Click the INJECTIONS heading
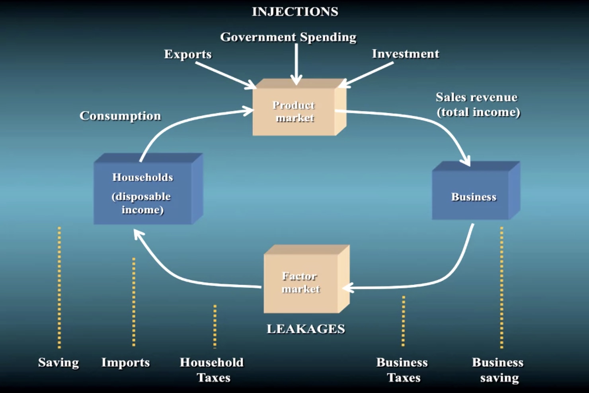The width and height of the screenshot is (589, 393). coord(295,12)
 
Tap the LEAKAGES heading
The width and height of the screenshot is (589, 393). coord(306,329)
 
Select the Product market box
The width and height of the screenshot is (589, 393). coord(299,107)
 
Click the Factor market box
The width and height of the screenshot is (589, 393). coord(306,279)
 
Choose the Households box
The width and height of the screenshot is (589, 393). coord(148,189)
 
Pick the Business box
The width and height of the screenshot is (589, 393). coord(476,191)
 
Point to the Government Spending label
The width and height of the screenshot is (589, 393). coord(288,37)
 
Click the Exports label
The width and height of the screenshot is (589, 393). coord(188,54)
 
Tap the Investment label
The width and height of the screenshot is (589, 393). coord(406,54)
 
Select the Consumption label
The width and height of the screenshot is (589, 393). coord(120,116)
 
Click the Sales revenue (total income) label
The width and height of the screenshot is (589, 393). coord(478,105)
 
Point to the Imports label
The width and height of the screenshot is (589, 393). coord(125,362)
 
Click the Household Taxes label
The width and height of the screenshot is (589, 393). coord(212,370)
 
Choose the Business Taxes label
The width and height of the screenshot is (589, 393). coord(402,370)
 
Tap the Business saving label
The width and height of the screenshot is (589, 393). coord(498,370)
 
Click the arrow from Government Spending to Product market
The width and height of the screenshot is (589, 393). coord(296,64)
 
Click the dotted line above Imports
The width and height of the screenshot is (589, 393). coord(134,302)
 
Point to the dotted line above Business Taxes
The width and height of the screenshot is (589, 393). coord(404,321)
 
